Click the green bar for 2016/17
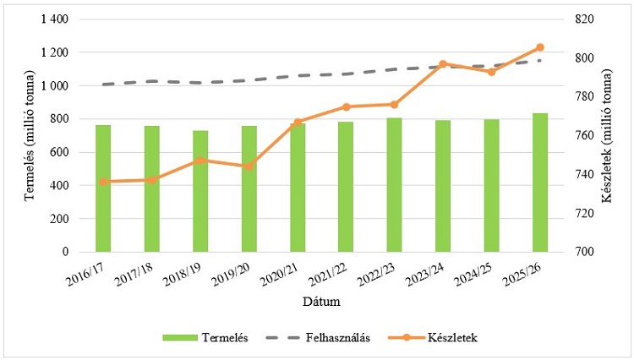coord(103,188)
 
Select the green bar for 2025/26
coord(540,183)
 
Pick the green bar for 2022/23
coord(395,185)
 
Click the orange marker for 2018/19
coord(200,161)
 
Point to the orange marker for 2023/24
coord(443,64)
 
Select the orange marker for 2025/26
coord(540,47)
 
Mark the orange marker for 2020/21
coord(298,123)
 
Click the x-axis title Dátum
coord(322,301)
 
